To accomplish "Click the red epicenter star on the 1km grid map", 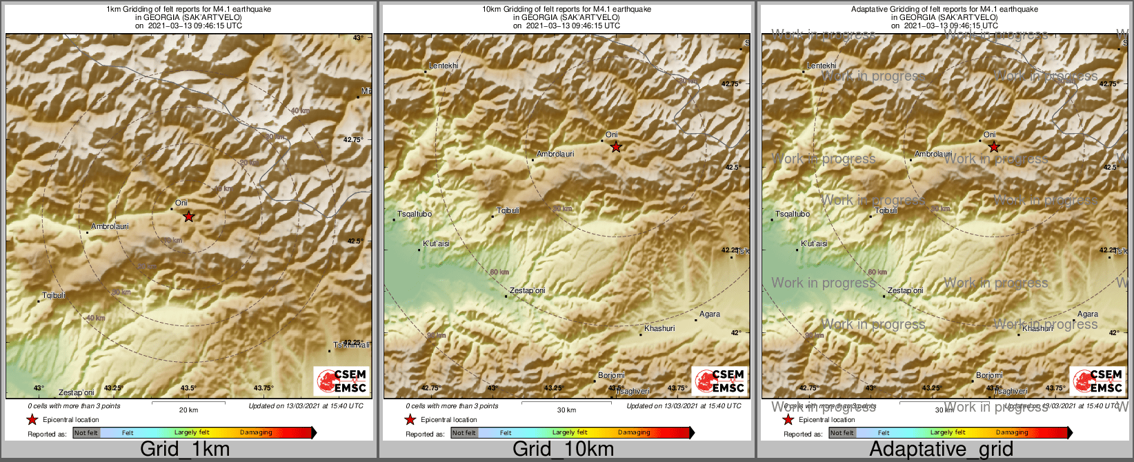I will (188, 217).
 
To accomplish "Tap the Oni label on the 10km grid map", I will (611, 134).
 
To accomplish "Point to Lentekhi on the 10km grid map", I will (444, 66).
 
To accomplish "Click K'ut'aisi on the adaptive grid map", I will (814, 243).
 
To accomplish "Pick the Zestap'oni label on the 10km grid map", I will (527, 290).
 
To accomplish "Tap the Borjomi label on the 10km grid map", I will (611, 375).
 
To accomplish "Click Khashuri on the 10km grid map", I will (659, 328).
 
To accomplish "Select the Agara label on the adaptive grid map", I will (1088, 314).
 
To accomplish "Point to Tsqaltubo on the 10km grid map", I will (415, 214).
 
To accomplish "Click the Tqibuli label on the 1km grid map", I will (54, 295).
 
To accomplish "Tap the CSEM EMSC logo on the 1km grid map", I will (341, 380).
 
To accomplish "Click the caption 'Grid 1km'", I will (185, 450).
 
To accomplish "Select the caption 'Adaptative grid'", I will (941, 450).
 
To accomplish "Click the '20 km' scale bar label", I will (188, 410).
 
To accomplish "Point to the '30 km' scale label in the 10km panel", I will (566, 410).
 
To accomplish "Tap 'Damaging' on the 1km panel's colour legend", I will (256, 432).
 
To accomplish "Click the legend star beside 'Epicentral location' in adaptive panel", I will (788, 419).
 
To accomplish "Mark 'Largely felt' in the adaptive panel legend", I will (948, 432).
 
